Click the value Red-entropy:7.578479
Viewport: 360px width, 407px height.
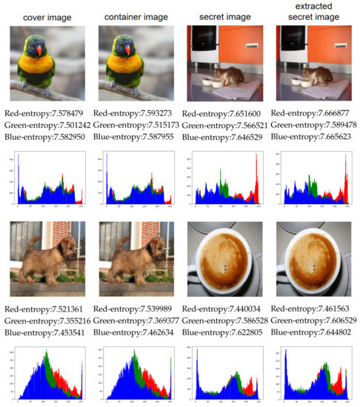click(47, 113)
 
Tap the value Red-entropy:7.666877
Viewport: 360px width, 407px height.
click(315, 113)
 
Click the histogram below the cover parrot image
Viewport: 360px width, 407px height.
click(47, 178)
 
